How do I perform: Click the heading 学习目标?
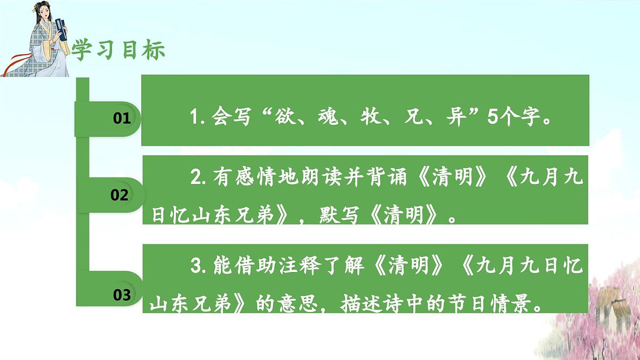(118, 50)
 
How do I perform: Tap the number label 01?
(122, 118)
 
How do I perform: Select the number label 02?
(119, 195)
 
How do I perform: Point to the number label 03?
(122, 294)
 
